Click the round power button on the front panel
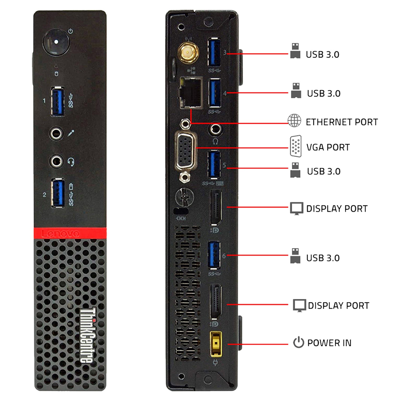(56, 42)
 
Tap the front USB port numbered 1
(58, 101)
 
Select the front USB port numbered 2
(58, 193)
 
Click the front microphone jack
(56, 133)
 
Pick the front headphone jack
(56, 161)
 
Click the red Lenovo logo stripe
(70, 233)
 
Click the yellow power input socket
(216, 344)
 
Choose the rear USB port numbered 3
(214, 52)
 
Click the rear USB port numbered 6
(214, 255)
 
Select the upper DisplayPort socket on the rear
(216, 208)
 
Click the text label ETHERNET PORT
(342, 122)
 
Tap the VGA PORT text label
(328, 147)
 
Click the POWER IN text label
(329, 343)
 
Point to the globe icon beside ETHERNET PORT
(294, 121)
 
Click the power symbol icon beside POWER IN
(299, 342)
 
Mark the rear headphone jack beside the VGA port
(215, 129)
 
